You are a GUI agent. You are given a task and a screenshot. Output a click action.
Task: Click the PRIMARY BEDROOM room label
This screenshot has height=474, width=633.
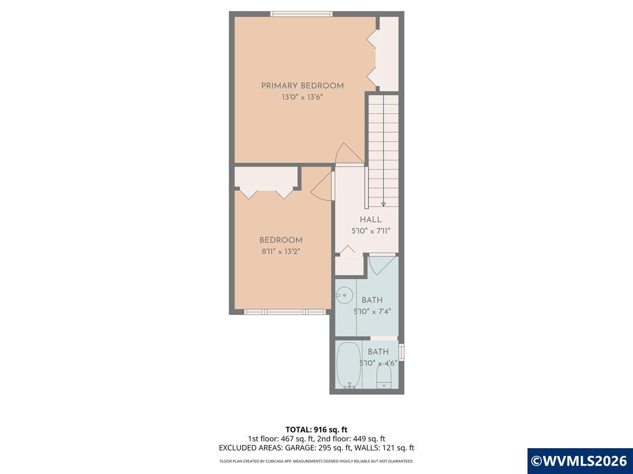coord(302,86)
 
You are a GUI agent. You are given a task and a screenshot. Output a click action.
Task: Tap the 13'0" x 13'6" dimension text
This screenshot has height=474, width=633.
coord(302,97)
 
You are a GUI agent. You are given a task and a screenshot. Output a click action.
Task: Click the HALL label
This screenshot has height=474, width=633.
coord(371,220)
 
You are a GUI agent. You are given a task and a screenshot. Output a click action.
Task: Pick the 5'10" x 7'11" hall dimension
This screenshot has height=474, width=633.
coord(371,231)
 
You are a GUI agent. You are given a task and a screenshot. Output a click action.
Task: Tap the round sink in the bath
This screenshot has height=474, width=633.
coord(343,294)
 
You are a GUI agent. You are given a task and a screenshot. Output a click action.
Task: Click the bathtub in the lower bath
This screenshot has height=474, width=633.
coord(348,365)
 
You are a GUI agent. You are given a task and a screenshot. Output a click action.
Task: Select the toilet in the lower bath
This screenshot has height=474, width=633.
coord(384,376)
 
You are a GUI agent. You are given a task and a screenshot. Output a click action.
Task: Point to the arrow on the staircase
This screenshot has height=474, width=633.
coord(383,203)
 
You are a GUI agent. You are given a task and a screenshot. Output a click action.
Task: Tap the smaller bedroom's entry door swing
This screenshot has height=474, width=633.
coord(322,187)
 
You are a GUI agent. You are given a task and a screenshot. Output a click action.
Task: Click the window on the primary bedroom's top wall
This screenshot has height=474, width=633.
coord(301,14)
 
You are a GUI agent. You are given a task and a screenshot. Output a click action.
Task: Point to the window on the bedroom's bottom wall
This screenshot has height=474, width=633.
coord(284,312)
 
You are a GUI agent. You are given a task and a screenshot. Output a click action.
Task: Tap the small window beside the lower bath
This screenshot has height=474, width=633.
coord(401,351)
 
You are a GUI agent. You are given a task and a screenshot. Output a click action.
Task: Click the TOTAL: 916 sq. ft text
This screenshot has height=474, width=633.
coord(316,429)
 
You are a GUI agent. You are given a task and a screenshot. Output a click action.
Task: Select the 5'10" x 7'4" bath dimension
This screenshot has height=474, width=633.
coord(372,311)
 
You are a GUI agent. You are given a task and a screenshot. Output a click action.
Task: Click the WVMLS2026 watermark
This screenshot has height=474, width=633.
coord(580,461)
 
